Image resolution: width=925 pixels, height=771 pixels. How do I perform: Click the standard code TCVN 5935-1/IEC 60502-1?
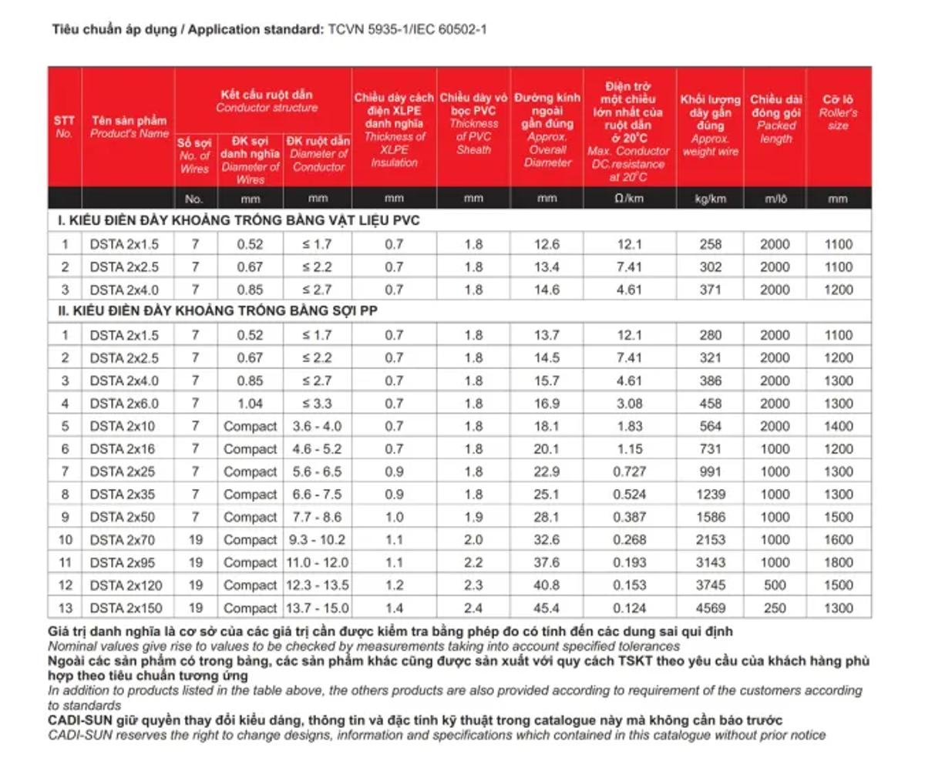click(407, 30)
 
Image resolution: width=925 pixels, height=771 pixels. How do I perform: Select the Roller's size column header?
click(839, 112)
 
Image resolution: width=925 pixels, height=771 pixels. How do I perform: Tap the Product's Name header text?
click(129, 127)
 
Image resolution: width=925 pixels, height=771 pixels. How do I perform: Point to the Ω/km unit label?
click(629, 199)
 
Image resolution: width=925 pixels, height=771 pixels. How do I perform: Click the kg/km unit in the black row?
click(710, 199)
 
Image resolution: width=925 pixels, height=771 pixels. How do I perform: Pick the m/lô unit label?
click(774, 199)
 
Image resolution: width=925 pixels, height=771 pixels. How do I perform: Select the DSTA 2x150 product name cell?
click(126, 608)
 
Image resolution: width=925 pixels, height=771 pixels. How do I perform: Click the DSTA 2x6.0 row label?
click(124, 404)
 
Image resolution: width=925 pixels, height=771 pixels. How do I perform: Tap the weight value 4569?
click(710, 608)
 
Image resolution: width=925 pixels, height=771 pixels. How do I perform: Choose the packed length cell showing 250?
click(775, 608)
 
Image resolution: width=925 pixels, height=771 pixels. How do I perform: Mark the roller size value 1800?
click(838, 562)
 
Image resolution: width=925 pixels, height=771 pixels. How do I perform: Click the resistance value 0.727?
click(629, 471)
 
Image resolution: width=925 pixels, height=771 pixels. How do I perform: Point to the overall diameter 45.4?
click(547, 608)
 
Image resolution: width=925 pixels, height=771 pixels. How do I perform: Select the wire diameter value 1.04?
click(251, 404)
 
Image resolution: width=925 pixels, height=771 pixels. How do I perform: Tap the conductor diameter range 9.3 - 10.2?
click(317, 540)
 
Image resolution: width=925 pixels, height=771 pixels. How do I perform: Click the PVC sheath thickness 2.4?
click(473, 608)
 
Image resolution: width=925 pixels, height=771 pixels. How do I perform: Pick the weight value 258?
click(710, 244)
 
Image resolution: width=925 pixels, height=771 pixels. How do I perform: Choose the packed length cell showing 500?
click(775, 585)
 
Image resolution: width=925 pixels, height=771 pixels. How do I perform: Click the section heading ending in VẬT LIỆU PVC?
click(239, 221)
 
